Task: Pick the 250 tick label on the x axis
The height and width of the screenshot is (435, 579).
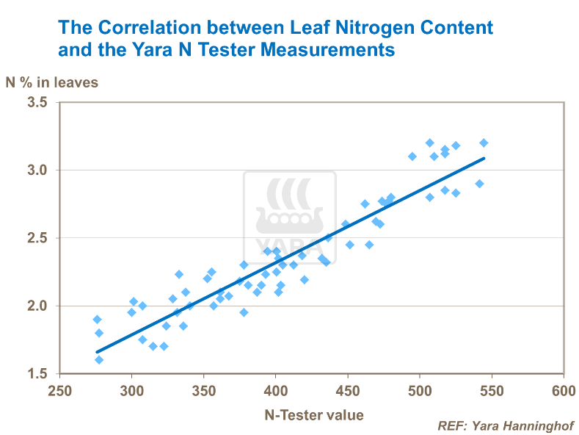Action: tap(59, 390)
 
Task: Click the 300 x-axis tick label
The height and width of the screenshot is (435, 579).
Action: tap(131, 390)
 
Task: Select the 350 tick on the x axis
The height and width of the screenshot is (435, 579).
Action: tap(203, 390)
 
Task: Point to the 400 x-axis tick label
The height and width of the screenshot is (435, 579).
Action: tap(275, 390)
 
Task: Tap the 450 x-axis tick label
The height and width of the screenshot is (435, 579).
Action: tap(347, 390)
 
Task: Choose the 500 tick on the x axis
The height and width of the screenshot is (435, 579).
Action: tap(419, 390)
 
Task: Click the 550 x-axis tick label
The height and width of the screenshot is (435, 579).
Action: tap(491, 390)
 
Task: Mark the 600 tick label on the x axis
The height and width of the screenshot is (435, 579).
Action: tap(563, 390)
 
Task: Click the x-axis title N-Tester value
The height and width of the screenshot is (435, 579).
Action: tap(313, 415)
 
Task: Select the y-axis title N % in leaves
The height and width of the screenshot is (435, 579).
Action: tap(52, 82)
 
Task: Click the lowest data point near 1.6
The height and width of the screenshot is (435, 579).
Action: tap(99, 359)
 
